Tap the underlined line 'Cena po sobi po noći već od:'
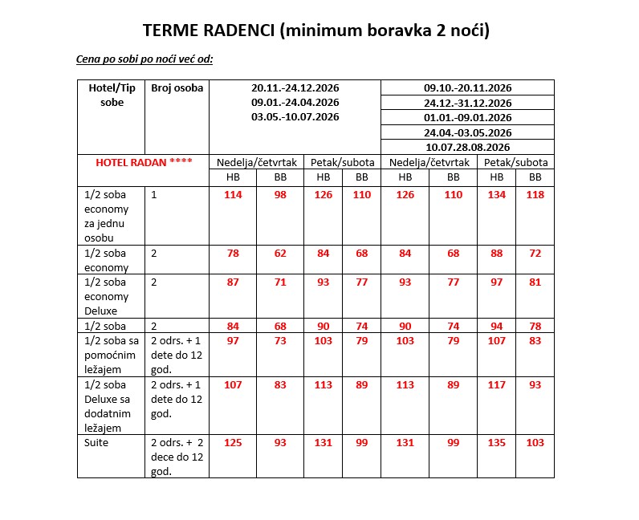[144, 59]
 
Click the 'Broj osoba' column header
[177, 87]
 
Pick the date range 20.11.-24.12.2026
[295, 87]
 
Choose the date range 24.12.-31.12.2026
[467, 103]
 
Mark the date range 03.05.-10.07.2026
[295, 116]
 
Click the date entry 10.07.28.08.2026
[467, 147]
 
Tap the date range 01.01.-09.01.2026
[467, 117]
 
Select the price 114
[233, 194]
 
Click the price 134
[497, 194]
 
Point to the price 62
[279, 254]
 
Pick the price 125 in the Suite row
[233, 442]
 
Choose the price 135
[497, 442]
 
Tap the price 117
[497, 384]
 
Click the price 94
[497, 326]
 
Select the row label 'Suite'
[96, 442]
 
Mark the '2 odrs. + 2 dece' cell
[177, 456]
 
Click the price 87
[233, 282]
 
